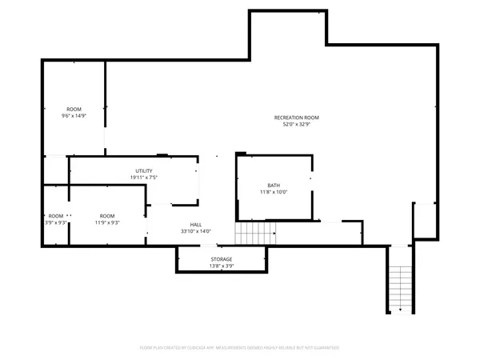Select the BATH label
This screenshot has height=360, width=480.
pyautogui.click(x=274, y=185)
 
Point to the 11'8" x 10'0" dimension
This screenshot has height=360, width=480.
pyautogui.click(x=274, y=192)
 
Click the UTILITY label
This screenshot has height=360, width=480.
pyautogui.click(x=144, y=170)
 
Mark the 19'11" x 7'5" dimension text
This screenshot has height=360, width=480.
pyautogui.click(x=144, y=178)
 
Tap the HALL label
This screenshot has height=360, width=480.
pyautogui.click(x=195, y=224)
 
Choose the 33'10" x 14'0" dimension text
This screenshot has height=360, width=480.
pyautogui.click(x=195, y=231)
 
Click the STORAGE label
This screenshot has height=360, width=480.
pyautogui.click(x=222, y=259)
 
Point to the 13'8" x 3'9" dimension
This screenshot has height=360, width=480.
pyautogui.click(x=222, y=266)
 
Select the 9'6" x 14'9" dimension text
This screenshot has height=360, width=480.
pyautogui.click(x=74, y=116)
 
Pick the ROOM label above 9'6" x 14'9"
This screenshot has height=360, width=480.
pyautogui.click(x=74, y=109)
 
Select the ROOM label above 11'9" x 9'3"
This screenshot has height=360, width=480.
pyautogui.click(x=106, y=216)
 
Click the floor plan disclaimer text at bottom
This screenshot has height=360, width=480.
pyautogui.click(x=240, y=348)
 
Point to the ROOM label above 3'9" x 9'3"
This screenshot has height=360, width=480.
pyautogui.click(x=55, y=216)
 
